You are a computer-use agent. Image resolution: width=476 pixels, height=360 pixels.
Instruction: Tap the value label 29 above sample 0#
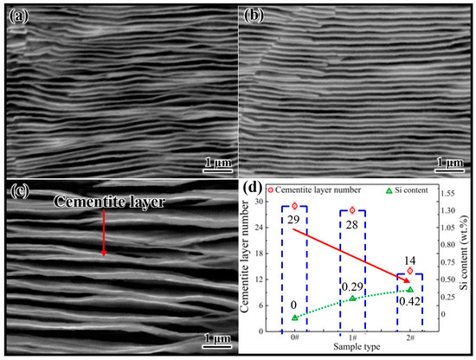click(295, 221)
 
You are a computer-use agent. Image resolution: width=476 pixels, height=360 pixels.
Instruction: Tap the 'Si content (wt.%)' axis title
click(468, 269)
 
